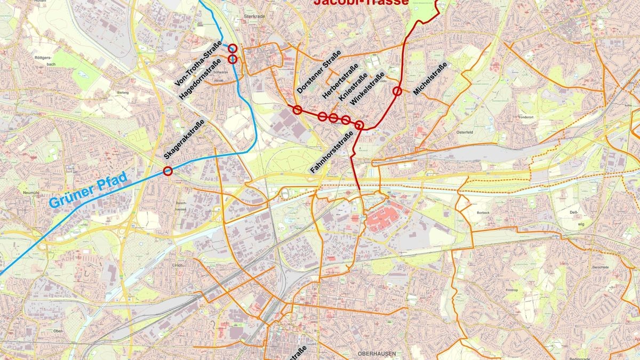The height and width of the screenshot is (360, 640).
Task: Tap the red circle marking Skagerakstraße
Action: [x=168, y=171]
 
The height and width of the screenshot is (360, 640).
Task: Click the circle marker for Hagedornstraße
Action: [x=233, y=59]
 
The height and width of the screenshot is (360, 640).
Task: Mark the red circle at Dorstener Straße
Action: [x=298, y=110]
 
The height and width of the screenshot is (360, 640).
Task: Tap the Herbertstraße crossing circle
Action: [x=322, y=116]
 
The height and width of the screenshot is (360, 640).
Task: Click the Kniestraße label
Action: [x=353, y=89]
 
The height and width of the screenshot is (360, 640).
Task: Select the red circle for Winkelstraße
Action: [x=346, y=119]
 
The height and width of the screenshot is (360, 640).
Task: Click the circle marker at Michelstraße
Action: [x=397, y=91]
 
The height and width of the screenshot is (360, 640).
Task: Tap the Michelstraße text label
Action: [x=429, y=79]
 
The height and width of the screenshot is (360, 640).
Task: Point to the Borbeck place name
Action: [x=483, y=212]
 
